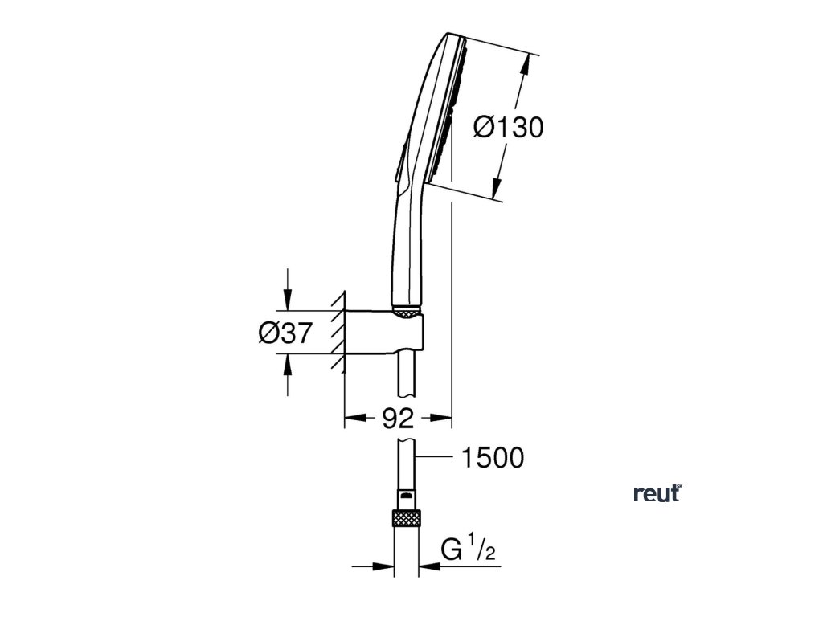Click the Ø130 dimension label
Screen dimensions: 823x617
[508, 127]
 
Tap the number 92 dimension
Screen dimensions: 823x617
[398, 418]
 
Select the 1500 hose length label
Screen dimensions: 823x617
[492, 458]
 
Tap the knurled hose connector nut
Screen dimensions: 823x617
[405, 517]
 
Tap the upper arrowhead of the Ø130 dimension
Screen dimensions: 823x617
[527, 64]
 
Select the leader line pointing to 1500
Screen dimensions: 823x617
[437, 458]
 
